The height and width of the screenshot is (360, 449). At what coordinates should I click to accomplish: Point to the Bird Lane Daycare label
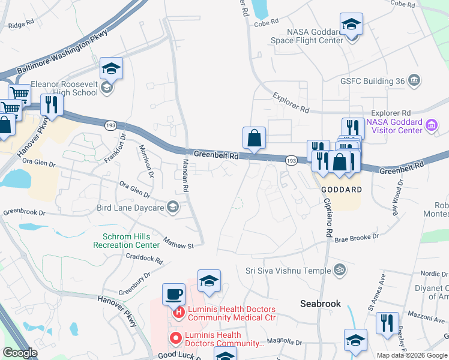click(130, 208)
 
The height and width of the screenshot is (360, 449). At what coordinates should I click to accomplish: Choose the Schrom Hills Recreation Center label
click(122, 241)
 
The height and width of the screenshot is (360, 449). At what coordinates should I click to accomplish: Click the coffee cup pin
click(174, 294)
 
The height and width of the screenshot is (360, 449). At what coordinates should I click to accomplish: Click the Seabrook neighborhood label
click(321, 304)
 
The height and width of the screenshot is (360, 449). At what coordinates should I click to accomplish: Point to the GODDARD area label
click(342, 190)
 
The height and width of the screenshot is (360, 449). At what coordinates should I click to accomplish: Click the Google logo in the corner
click(20, 353)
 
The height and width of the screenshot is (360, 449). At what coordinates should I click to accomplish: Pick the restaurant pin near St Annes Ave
click(387, 323)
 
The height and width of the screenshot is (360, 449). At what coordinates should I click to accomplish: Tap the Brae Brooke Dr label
click(357, 237)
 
